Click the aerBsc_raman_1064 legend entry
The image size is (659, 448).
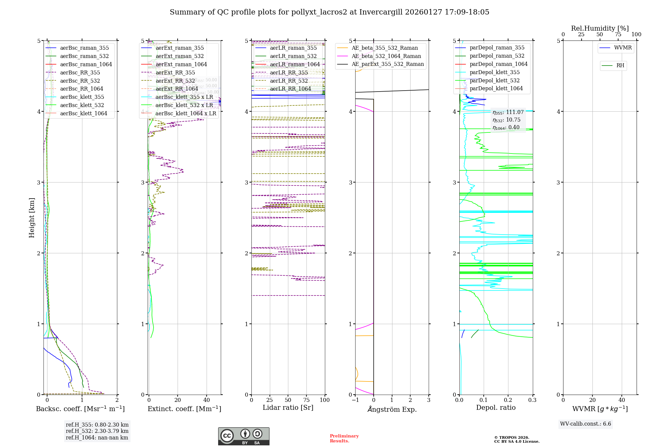point(86,64)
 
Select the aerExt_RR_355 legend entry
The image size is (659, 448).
point(175,72)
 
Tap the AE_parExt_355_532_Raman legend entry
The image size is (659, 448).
point(387,64)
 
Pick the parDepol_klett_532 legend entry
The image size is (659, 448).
point(494,80)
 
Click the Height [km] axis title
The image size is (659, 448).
point(32,217)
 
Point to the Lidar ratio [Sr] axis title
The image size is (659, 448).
point(288,407)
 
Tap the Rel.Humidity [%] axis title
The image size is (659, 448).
point(600,28)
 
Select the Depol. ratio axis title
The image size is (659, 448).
point(496,407)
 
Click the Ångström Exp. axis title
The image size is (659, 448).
point(392,409)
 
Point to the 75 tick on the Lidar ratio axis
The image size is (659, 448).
point(306,400)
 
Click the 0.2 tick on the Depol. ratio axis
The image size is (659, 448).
point(508,400)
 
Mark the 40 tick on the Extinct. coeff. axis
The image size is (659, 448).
point(207,400)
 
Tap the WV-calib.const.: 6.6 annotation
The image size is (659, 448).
point(586,424)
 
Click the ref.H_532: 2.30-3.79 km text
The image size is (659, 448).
point(97,431)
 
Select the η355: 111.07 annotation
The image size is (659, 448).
point(508,112)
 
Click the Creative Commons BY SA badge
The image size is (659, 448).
point(244,436)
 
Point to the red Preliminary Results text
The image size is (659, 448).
point(344,438)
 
